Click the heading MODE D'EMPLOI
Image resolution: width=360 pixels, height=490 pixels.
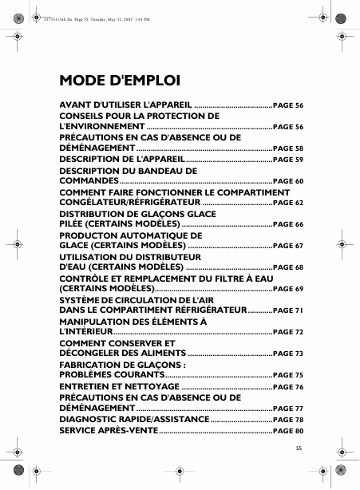click(x=120, y=81)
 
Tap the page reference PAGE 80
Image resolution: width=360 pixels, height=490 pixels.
click(x=288, y=431)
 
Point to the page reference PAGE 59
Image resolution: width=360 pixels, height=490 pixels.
click(x=288, y=160)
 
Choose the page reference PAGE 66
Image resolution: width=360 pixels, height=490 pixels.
click(x=288, y=225)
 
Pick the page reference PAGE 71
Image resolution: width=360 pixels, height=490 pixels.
click(x=288, y=310)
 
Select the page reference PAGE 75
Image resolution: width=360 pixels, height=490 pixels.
click(x=288, y=375)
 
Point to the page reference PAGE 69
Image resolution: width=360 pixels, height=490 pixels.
click(x=288, y=288)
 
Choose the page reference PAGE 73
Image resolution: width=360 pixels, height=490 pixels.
click(x=288, y=354)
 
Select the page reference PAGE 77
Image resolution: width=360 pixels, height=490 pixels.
click(x=288, y=408)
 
